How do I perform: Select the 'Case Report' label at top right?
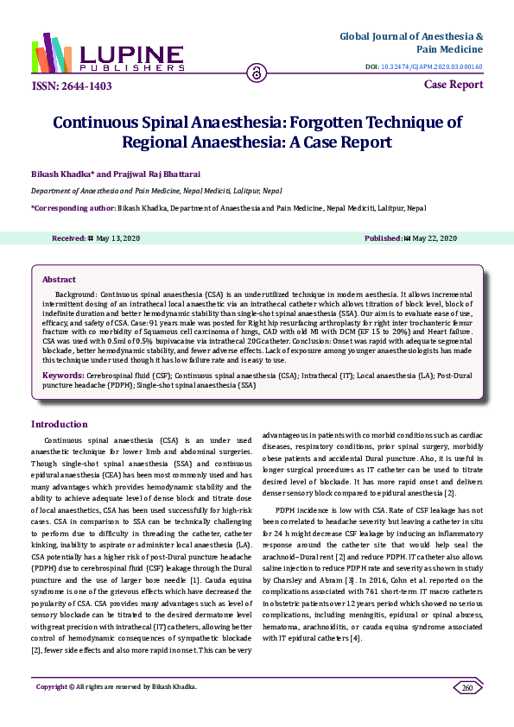(454, 85)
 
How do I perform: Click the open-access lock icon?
(257, 73)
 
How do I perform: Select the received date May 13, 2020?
(120, 237)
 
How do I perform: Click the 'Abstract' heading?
(59, 280)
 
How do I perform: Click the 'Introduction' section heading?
(59, 424)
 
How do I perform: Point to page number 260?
(467, 711)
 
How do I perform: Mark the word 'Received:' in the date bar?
(68, 237)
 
